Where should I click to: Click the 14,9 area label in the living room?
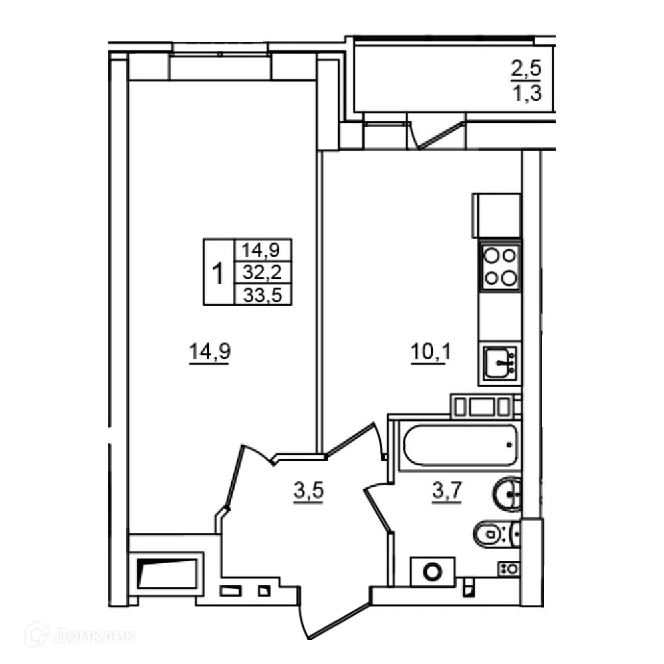click(x=210, y=352)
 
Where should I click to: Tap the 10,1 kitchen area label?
click(x=431, y=352)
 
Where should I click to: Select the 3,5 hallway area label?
click(x=308, y=491)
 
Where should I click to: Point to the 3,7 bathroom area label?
click(x=447, y=491)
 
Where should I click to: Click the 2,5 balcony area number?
click(x=527, y=68)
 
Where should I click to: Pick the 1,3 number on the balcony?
click(x=527, y=93)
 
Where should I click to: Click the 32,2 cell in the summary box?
click(x=262, y=272)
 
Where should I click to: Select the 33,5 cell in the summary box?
click(x=262, y=295)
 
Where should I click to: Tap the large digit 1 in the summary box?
click(x=218, y=273)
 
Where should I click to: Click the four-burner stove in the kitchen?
click(x=500, y=267)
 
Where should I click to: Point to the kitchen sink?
click(x=500, y=362)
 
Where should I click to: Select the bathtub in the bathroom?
click(x=460, y=446)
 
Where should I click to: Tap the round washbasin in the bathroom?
click(x=507, y=494)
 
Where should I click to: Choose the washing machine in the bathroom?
click(x=432, y=572)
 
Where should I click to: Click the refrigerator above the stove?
click(x=496, y=216)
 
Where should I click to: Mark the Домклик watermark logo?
click(x=80, y=635)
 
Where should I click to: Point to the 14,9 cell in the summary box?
click(x=262, y=250)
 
